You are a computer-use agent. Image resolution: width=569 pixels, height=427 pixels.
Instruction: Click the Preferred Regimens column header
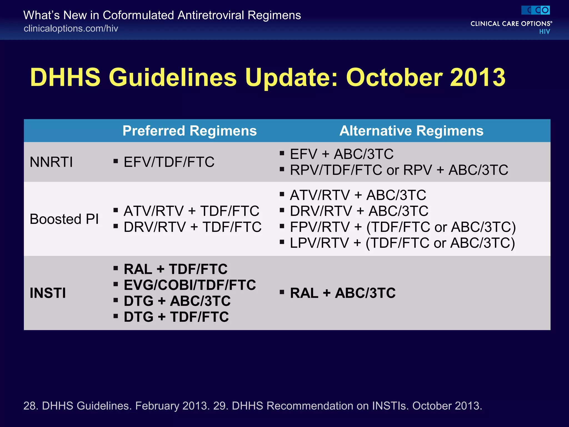[189, 131]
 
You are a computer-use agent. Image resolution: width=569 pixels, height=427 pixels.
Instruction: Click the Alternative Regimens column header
[411, 131]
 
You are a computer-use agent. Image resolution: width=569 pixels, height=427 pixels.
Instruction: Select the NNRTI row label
[51, 162]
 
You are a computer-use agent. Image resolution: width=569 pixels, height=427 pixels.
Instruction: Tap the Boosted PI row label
[64, 219]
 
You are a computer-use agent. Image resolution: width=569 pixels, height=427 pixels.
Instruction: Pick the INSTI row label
[48, 293]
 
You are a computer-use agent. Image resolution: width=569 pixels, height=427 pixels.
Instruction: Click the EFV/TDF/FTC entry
[169, 162]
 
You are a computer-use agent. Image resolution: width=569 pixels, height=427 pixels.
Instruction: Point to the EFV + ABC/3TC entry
[341, 154]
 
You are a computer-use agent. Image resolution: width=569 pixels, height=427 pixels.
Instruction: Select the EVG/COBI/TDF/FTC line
[190, 285]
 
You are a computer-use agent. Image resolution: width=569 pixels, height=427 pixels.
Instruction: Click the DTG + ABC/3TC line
[177, 301]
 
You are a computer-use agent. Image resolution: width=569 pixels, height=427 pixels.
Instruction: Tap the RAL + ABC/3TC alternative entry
[343, 293]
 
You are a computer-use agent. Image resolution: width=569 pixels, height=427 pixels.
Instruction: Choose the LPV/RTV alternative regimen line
[402, 243]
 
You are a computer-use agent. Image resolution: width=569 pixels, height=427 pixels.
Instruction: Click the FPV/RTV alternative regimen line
[403, 227]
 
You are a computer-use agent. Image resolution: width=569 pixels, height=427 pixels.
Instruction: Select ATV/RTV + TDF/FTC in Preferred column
[191, 211]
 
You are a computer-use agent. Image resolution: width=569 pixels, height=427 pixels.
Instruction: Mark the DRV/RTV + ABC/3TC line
[359, 211]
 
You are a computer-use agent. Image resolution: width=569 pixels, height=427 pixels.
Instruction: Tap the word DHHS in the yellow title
[65, 77]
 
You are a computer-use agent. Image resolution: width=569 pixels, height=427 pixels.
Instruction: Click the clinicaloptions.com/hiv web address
[71, 28]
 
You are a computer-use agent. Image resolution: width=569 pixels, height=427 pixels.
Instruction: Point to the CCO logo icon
[535, 10]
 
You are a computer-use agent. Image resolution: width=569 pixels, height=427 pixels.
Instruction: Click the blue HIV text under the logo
[544, 32]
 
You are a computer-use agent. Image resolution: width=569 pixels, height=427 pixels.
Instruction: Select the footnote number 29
[220, 406]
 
